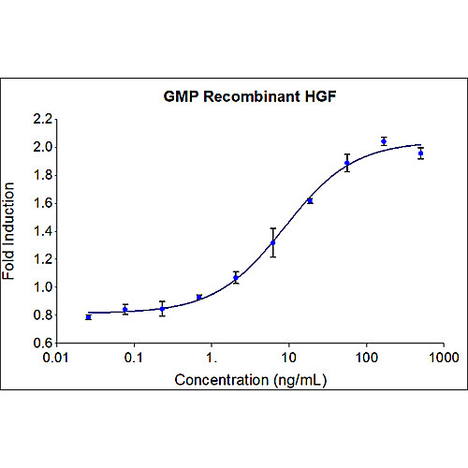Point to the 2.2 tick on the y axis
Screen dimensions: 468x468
pos(42,119)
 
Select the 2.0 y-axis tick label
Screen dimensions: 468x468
pos(42,147)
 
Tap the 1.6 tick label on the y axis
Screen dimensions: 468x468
pos(42,203)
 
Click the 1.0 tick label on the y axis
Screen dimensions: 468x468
pos(42,287)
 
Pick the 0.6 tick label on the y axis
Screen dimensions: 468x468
pos(42,343)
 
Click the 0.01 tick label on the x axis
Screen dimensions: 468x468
pos(57,358)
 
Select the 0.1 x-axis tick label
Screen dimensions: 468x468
pos(135,358)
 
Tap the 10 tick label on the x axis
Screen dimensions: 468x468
pos(289,358)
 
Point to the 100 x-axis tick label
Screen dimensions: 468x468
pos(367,358)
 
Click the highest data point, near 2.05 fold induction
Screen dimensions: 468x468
pos(384,141)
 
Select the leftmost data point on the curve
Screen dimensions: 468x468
pos(88,317)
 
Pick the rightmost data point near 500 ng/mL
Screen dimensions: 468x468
pos(421,153)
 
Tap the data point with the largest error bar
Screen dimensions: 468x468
pos(273,242)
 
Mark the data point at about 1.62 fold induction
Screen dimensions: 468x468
pos(310,200)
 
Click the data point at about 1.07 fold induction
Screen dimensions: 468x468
pos(236,277)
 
